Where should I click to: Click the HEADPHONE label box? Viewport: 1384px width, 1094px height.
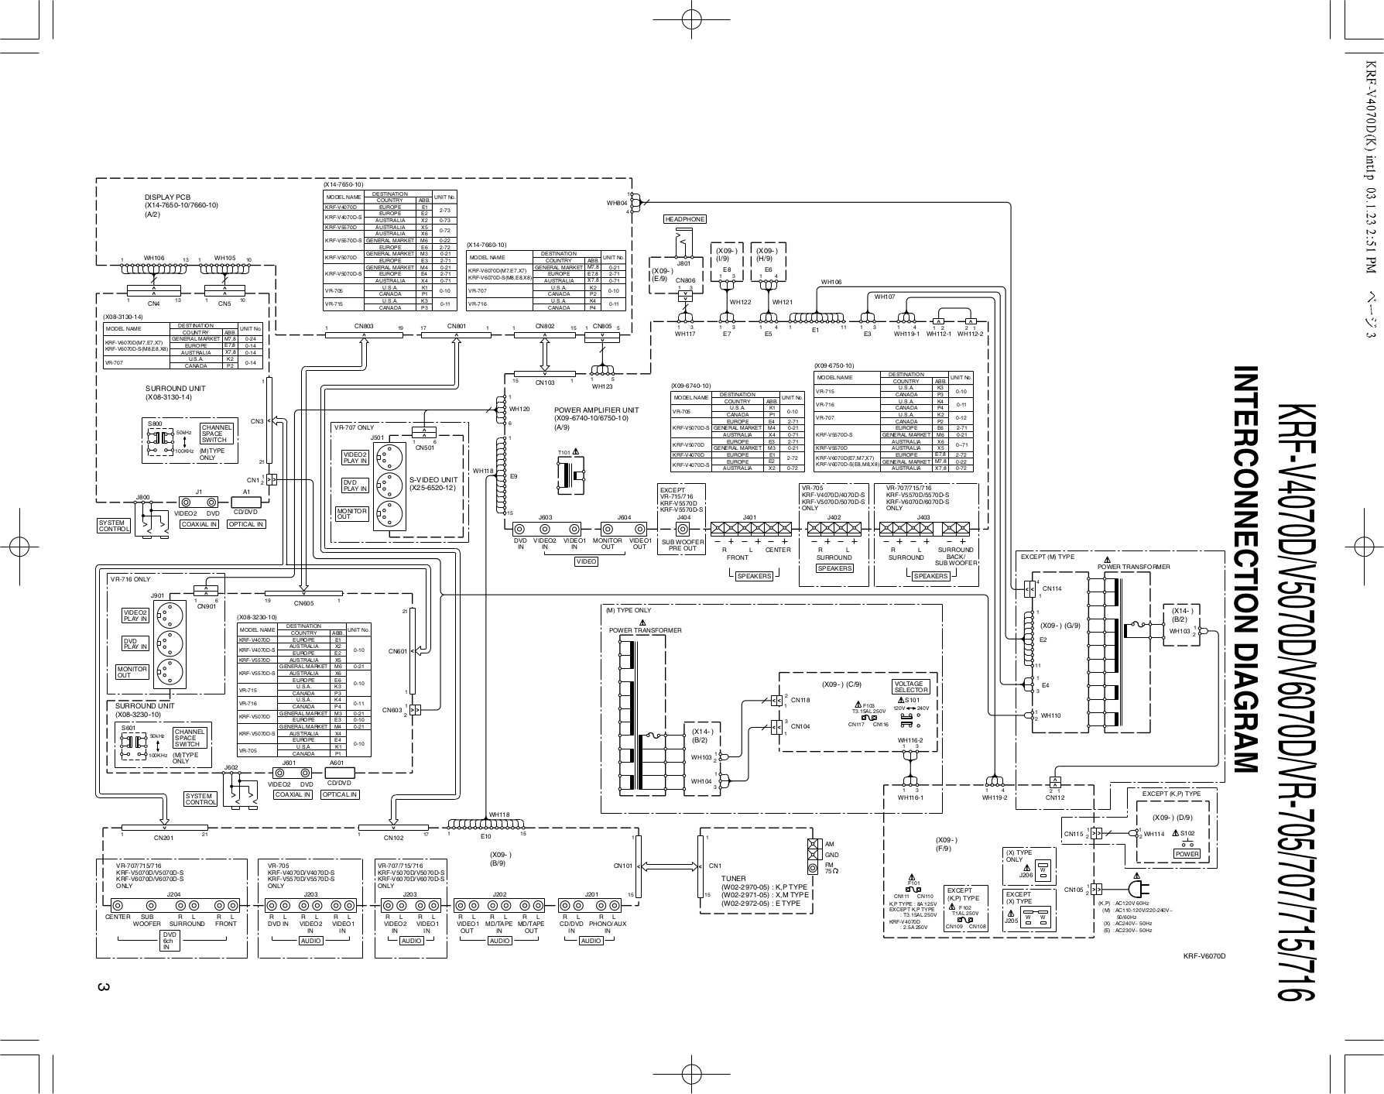pos(685,219)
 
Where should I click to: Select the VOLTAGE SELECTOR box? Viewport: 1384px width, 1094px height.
pos(910,687)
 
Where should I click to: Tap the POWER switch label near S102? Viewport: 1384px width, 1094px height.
pos(1187,854)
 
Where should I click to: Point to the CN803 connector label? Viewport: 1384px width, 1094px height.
pos(364,327)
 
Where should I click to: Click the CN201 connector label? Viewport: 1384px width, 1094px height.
pos(163,837)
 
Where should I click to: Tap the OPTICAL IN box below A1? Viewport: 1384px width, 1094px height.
pos(245,524)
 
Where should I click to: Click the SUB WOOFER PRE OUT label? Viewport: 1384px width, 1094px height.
pos(683,545)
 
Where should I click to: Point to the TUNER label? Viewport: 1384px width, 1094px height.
pos(733,879)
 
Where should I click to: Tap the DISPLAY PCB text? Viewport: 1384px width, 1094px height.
pos(167,197)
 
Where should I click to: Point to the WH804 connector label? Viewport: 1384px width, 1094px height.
pos(617,204)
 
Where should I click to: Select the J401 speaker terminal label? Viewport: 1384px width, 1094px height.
pos(749,516)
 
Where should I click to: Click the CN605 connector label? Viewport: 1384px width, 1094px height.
pos(303,603)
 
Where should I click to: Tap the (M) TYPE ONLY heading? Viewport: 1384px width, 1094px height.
pos(628,611)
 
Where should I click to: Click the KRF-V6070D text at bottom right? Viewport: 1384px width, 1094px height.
pos(1204,956)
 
